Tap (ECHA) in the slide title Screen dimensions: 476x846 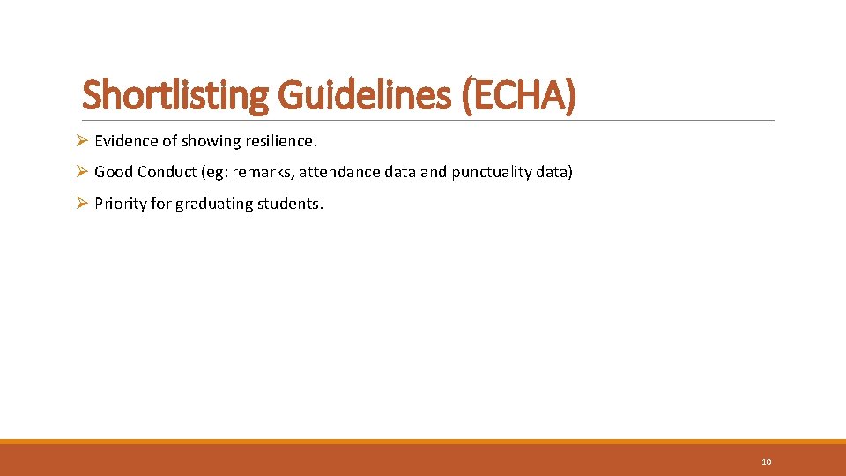(x=517, y=95)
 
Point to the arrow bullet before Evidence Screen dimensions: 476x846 (x=81, y=140)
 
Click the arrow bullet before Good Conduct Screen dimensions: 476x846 (x=81, y=172)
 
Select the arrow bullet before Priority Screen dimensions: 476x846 (x=81, y=204)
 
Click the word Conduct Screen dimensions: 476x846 (x=168, y=172)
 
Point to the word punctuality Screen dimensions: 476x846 (x=491, y=172)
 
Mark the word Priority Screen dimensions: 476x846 (x=120, y=204)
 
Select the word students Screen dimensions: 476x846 (x=292, y=204)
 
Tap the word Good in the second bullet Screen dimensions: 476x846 (x=112, y=172)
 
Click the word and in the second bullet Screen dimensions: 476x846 (x=434, y=172)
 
